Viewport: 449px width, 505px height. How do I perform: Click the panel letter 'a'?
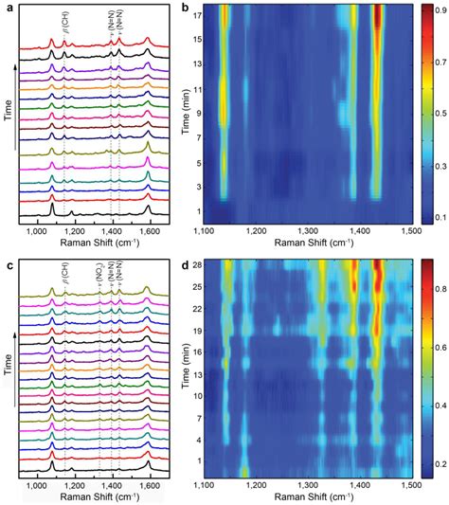point(7,8)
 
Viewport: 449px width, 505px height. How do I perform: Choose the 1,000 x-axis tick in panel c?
point(37,483)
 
